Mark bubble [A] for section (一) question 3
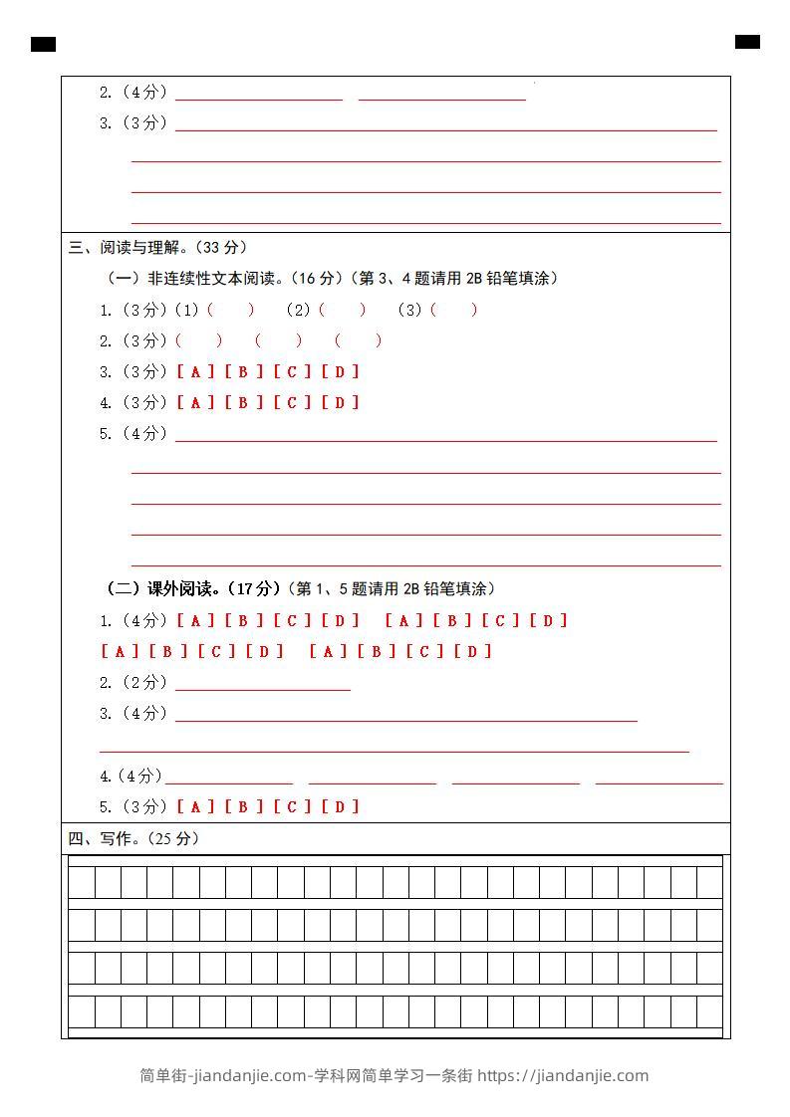tap(196, 372)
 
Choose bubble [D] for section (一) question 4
tap(341, 403)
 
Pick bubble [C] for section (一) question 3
tap(293, 372)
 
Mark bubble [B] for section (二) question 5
tap(244, 807)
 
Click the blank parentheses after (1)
tap(231, 311)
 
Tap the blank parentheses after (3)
tap(454, 311)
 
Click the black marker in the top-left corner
tap(43, 44)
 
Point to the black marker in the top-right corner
tap(747, 42)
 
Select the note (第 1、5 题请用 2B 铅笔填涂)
tap(392, 589)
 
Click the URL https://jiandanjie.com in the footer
tap(563, 1076)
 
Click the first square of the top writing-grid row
tap(82, 882)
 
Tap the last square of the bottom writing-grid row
tap(709, 1011)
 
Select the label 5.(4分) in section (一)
tap(133, 434)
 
